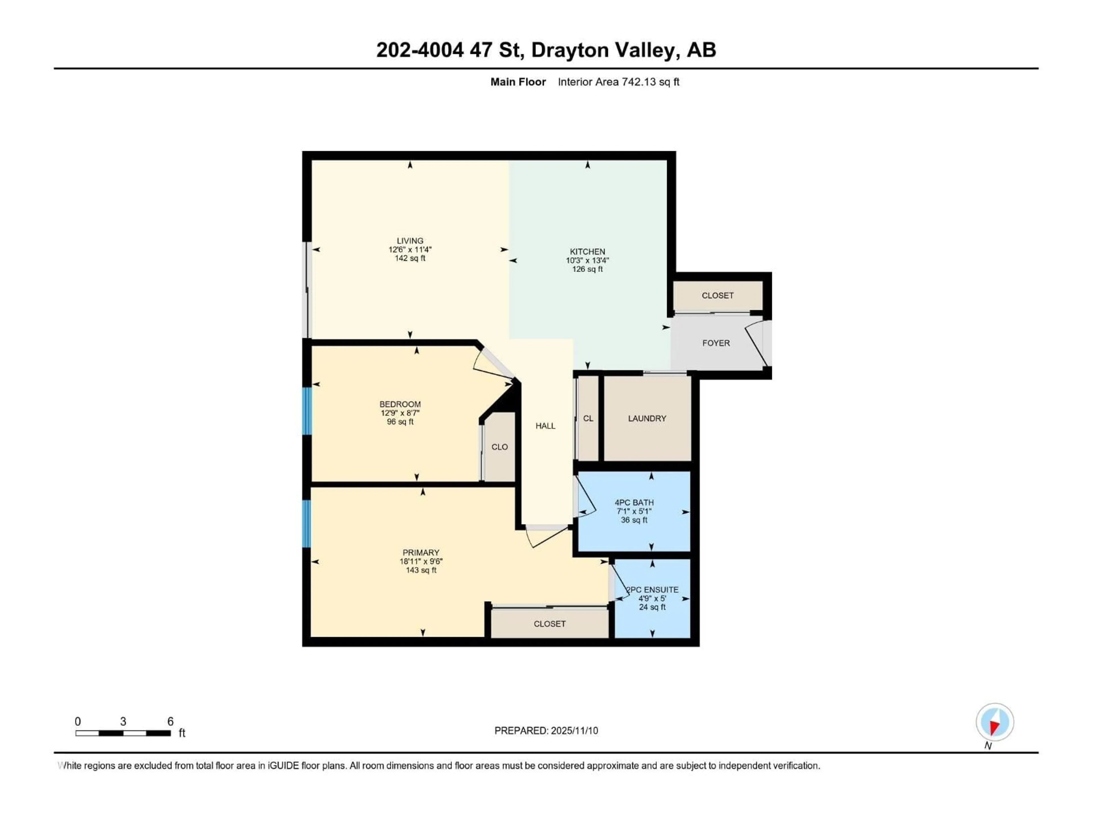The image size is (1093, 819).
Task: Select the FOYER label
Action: pyautogui.click(x=716, y=343)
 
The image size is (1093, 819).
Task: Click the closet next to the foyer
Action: pyautogui.click(x=718, y=295)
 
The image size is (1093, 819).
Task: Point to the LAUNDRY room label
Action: pyautogui.click(x=647, y=418)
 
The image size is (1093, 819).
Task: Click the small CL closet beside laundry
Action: pyautogui.click(x=588, y=418)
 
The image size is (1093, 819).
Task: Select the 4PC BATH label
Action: pyautogui.click(x=634, y=502)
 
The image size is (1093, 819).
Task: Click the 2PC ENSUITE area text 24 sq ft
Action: pyautogui.click(x=652, y=607)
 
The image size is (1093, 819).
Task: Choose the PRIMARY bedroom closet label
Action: pyautogui.click(x=549, y=624)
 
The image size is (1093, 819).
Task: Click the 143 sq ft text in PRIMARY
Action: pyautogui.click(x=421, y=570)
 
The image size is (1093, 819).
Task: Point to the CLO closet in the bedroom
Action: pyautogui.click(x=500, y=447)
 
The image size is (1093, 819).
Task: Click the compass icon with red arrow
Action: pyautogui.click(x=995, y=722)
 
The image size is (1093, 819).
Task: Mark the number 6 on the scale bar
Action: pyautogui.click(x=170, y=721)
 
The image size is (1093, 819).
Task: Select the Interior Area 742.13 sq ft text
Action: pyautogui.click(x=618, y=82)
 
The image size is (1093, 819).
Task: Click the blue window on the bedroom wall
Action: pyautogui.click(x=307, y=411)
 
